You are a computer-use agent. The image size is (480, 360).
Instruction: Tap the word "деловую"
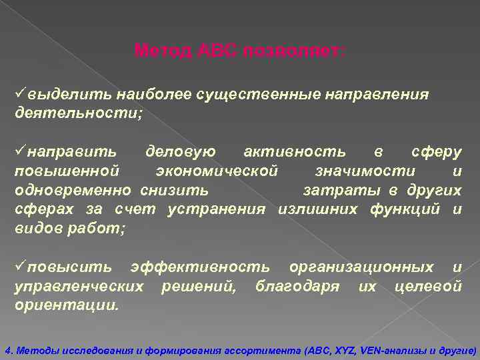(181, 152)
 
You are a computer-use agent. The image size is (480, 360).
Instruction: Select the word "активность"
(295, 152)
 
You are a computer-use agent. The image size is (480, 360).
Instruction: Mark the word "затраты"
(343, 191)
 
